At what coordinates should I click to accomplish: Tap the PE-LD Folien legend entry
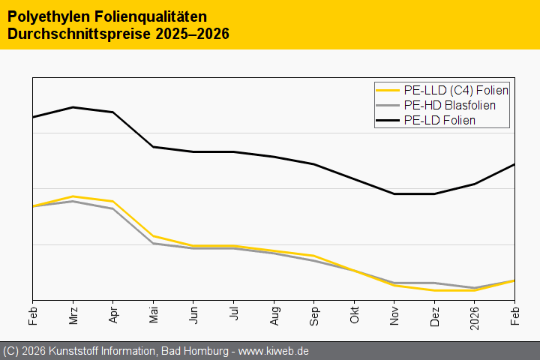[x=439, y=120]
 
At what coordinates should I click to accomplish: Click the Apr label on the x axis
[x=113, y=314]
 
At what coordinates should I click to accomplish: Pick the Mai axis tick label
[x=153, y=314]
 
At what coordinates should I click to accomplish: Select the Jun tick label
[x=193, y=314]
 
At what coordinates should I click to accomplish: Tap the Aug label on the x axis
[x=274, y=314]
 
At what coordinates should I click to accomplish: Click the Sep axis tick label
[x=313, y=314]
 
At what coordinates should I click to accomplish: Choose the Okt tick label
[x=354, y=314]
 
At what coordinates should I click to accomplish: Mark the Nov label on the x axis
[x=394, y=314]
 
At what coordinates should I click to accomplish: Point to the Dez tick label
[x=434, y=314]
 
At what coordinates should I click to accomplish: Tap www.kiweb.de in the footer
[x=274, y=351]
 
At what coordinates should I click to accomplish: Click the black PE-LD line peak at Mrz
[x=73, y=107]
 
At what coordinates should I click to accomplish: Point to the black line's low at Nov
[x=394, y=193]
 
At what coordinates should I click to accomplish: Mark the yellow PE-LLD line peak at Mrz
[x=73, y=196]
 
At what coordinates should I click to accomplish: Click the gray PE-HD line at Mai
[x=153, y=243]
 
